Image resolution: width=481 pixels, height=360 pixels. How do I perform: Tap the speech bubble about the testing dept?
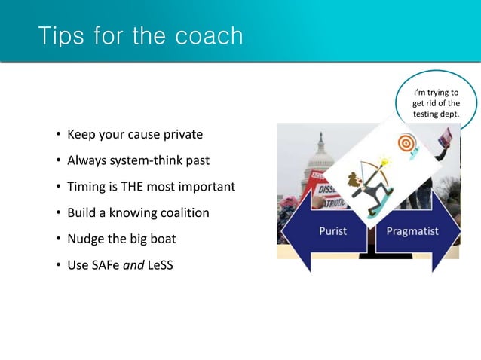(436, 104)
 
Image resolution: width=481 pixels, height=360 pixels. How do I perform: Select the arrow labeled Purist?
(325, 231)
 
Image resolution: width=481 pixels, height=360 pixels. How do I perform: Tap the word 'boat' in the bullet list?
(161, 239)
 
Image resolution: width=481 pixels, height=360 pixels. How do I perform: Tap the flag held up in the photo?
(445, 136)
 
